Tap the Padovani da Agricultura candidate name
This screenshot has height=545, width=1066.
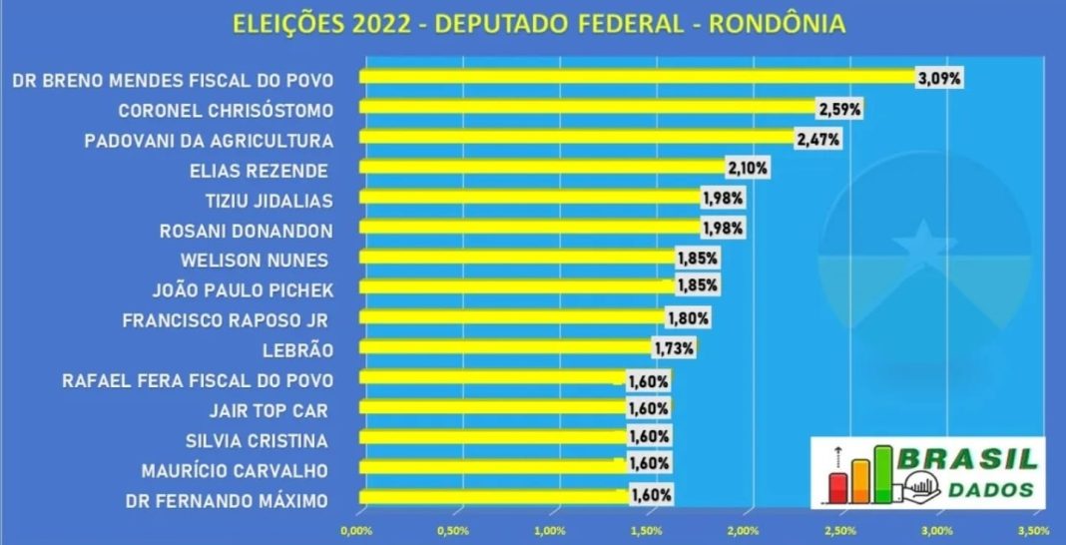(x=209, y=140)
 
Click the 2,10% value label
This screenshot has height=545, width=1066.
(x=748, y=169)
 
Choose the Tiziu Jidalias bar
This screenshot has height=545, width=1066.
(x=529, y=199)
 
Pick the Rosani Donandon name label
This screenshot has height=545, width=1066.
(x=246, y=231)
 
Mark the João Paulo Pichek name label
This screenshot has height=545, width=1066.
(x=242, y=290)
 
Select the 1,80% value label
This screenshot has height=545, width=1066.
(x=689, y=319)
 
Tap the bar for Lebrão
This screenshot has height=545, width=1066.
(x=505, y=348)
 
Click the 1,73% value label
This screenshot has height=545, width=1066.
(x=674, y=348)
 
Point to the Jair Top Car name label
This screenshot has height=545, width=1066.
(x=268, y=409)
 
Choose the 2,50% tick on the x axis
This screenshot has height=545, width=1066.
(x=841, y=529)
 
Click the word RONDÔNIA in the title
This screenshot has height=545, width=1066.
(x=777, y=24)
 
